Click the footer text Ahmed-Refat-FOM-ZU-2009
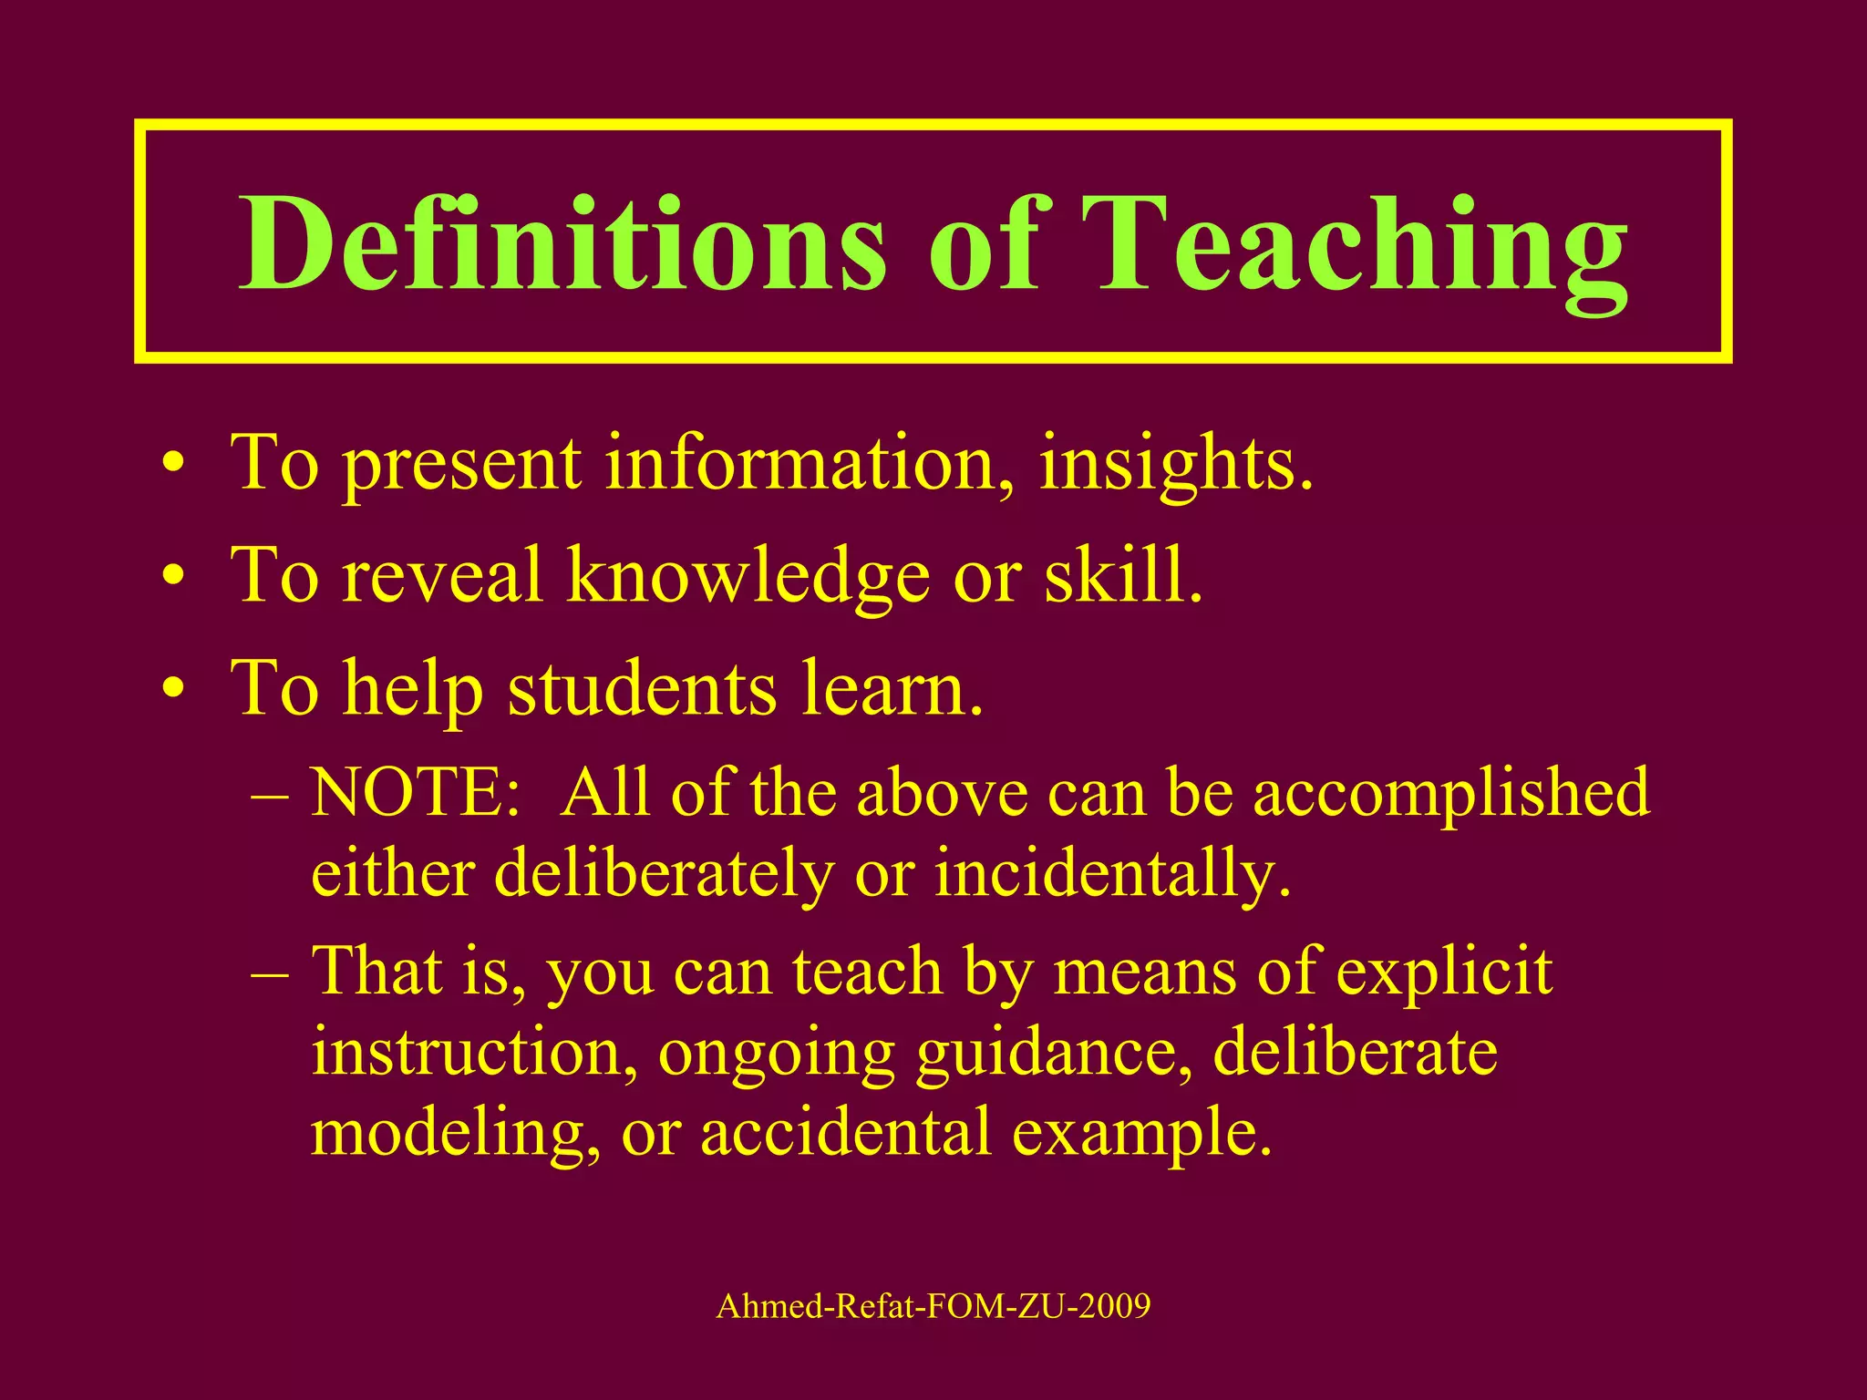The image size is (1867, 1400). point(933,1306)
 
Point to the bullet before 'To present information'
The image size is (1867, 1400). point(172,467)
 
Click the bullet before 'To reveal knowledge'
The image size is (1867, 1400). point(172,578)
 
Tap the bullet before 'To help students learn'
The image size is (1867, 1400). point(172,690)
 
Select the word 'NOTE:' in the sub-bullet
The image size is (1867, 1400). point(416,792)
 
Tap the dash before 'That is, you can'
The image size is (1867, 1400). point(270,973)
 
